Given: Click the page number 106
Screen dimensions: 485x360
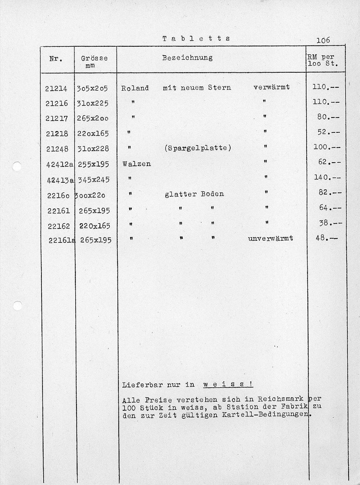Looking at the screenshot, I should (x=323, y=40).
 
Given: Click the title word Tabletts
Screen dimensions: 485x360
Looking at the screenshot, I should (x=196, y=38).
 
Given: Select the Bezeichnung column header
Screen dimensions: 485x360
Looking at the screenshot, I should (x=187, y=58).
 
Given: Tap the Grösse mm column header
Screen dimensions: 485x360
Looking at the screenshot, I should (x=94, y=62).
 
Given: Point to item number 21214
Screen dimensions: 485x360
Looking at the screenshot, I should (x=56, y=89).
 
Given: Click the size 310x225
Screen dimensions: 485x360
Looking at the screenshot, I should (x=92, y=103).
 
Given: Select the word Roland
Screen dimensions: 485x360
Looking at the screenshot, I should (x=135, y=88).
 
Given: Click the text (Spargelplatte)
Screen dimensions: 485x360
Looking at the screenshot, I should (x=198, y=148).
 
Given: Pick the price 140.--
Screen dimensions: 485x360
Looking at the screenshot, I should (x=327, y=177).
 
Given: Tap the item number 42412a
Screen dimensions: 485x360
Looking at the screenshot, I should (x=60, y=164).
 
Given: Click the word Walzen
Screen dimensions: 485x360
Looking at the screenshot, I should (x=137, y=164).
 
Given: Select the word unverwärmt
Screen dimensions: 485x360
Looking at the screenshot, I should (x=270, y=238).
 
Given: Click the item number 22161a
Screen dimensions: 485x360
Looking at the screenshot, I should (x=62, y=240).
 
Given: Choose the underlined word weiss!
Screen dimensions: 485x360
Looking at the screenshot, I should (x=228, y=384).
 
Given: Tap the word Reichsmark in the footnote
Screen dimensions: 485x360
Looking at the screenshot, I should (x=281, y=399).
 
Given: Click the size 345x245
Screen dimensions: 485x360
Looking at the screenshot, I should (x=94, y=180).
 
